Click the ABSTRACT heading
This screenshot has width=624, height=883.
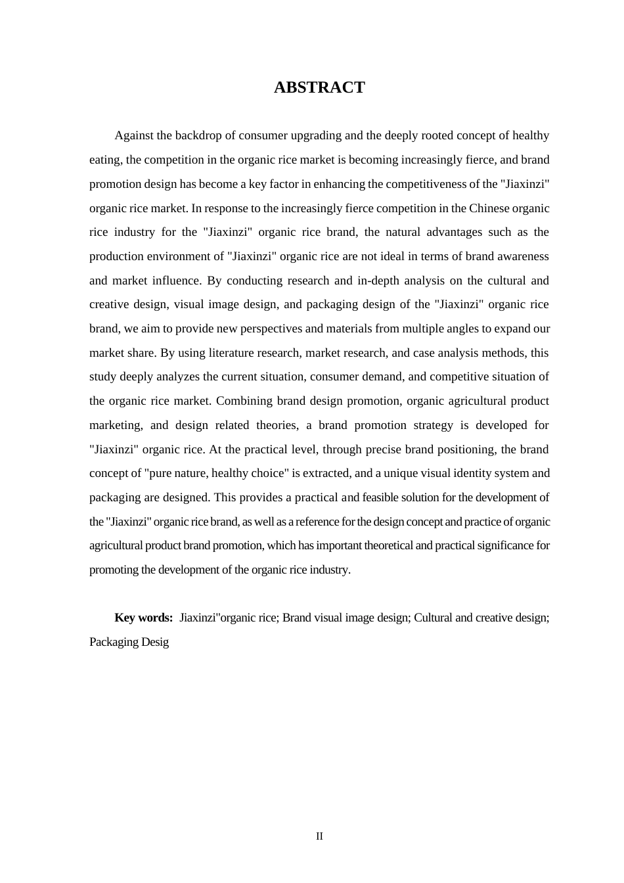[319, 87]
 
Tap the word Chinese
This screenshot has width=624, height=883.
[489, 208]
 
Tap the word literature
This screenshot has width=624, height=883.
[233, 353]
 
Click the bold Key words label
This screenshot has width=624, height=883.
[143, 618]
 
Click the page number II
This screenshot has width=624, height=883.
[319, 836]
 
